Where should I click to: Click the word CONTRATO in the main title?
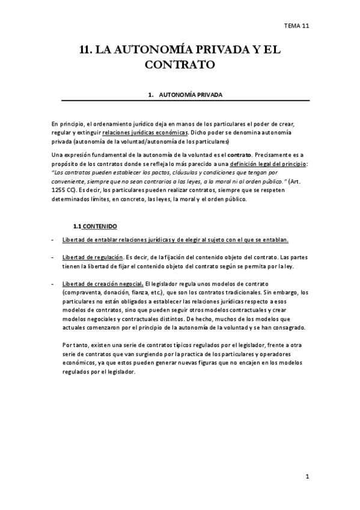(180, 64)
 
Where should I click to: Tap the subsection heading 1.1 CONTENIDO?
(95, 226)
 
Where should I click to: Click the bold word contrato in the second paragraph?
(240, 155)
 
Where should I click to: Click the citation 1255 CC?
(63, 191)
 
